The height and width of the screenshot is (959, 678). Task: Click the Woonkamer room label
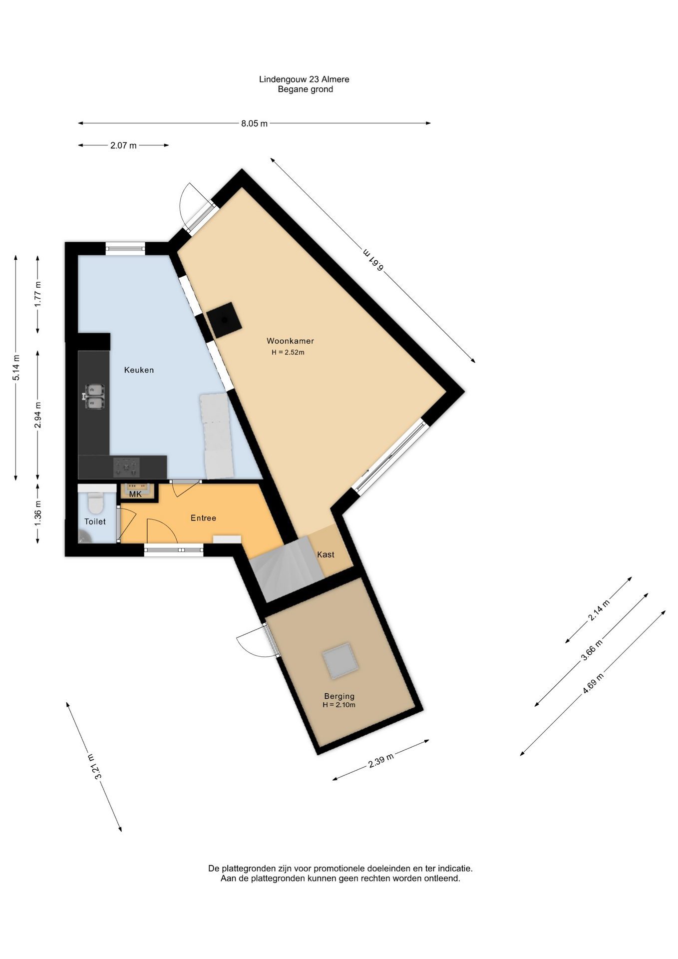tap(290, 341)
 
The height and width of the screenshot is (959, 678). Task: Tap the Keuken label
tap(139, 370)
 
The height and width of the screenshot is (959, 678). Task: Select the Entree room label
tap(203, 518)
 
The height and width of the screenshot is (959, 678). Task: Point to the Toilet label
tap(95, 521)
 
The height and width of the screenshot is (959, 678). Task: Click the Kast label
tap(326, 554)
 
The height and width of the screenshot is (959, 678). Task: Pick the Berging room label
tap(339, 696)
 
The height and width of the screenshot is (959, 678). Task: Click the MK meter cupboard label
tap(135, 494)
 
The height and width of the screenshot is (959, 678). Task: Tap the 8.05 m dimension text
tap(254, 123)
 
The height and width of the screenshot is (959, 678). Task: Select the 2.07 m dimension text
tap(123, 146)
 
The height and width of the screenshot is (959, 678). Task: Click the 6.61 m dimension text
tap(373, 259)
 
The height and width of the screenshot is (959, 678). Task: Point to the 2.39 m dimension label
tap(381, 760)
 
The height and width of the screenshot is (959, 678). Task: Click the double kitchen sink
tap(93, 397)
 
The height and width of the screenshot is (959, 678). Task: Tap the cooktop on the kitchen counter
tap(126, 467)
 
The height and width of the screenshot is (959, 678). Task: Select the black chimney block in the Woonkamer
tap(224, 320)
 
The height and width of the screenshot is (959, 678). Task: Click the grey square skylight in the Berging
tap(340, 661)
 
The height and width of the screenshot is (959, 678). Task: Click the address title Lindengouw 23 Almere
tap(304, 79)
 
